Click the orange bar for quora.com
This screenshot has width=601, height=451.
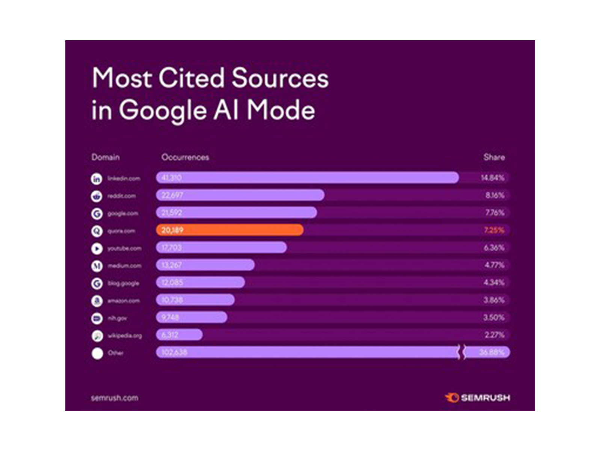pyautogui.click(x=230, y=230)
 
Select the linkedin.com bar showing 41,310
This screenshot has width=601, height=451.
pyautogui.click(x=307, y=177)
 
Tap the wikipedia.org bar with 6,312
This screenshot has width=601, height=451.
pyautogui.click(x=179, y=334)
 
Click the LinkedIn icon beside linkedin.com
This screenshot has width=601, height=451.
pyautogui.click(x=97, y=179)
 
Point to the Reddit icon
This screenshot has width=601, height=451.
pyautogui.click(x=97, y=196)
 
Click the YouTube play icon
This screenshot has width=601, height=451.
pyautogui.click(x=97, y=248)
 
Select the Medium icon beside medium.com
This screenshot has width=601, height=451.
pyautogui.click(x=97, y=266)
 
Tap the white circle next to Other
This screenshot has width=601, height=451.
pyautogui.click(x=97, y=353)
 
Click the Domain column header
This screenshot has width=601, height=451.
pyautogui.click(x=106, y=157)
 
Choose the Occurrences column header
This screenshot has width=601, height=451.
pyautogui.click(x=185, y=157)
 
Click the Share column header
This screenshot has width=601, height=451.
pyautogui.click(x=494, y=157)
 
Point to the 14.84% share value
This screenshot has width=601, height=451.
pyautogui.click(x=492, y=177)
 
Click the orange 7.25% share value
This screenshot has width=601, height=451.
pyautogui.click(x=494, y=230)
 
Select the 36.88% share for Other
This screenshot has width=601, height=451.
pyautogui.click(x=492, y=352)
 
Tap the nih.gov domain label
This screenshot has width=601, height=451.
pyautogui.click(x=117, y=318)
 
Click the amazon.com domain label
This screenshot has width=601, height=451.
pyautogui.click(x=124, y=301)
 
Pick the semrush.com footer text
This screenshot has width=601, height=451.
pyautogui.click(x=115, y=398)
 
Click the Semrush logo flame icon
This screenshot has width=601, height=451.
pyautogui.click(x=452, y=397)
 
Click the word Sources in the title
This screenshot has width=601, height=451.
pyautogui.click(x=280, y=78)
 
